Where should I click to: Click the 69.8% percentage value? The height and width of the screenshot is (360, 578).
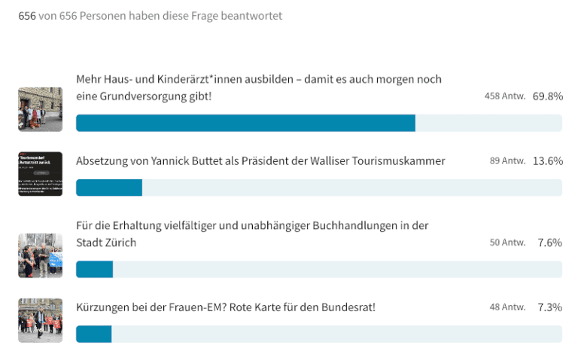click(547, 96)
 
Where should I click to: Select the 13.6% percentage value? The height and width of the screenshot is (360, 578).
click(547, 161)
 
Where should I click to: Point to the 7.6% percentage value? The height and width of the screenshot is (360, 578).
click(550, 243)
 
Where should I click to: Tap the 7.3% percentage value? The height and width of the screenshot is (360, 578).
click(550, 307)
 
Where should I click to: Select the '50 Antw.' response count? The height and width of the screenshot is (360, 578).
click(507, 243)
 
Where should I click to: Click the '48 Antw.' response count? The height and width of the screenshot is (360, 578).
click(507, 307)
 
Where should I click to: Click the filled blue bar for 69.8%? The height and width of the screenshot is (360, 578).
click(245, 124)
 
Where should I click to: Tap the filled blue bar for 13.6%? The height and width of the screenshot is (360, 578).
click(109, 188)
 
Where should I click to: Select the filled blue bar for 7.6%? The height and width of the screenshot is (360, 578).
click(94, 270)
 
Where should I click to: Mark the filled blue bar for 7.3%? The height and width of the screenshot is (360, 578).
click(93, 334)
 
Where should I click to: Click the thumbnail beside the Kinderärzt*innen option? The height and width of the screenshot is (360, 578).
click(40, 109)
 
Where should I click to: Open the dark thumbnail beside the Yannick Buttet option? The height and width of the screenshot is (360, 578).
click(40, 174)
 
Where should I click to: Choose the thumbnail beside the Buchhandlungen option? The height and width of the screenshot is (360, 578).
click(40, 255)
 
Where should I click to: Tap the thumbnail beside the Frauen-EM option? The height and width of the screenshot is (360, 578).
click(40, 320)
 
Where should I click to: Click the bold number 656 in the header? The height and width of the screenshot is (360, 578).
click(26, 15)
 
